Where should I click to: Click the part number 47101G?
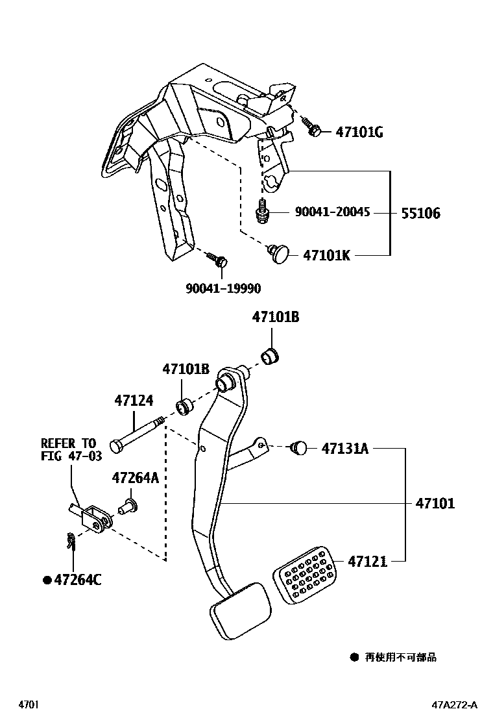click(359, 132)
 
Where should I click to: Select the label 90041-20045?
click(332, 212)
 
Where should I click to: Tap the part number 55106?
click(420, 213)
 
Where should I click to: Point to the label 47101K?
click(326, 256)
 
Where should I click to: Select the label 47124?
click(134, 401)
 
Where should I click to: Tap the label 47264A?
click(135, 478)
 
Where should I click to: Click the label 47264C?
click(76, 580)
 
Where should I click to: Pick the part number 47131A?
click(344, 448)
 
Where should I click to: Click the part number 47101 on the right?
click(435, 503)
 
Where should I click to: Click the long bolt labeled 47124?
click(136, 436)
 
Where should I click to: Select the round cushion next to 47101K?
click(280, 253)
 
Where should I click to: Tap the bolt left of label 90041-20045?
click(262, 212)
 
